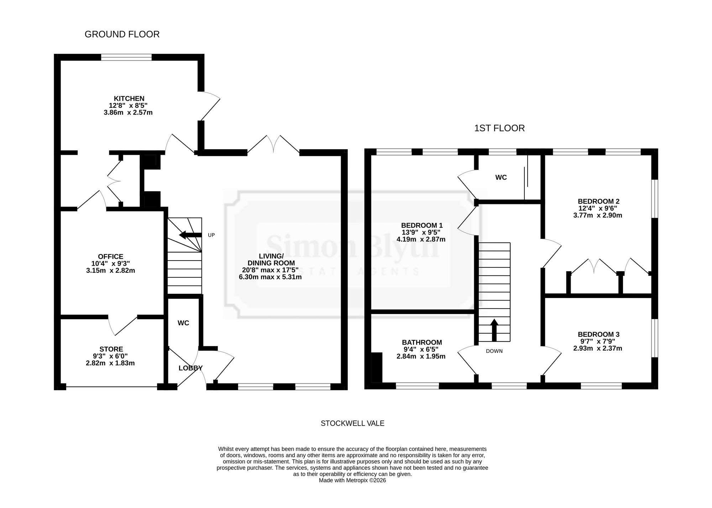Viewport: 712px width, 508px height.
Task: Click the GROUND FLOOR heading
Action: pos(122,34)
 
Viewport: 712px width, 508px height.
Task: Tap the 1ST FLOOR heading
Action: pos(499,128)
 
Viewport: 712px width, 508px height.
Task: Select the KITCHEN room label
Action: pos(129,99)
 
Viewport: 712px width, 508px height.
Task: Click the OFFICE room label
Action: pos(111,257)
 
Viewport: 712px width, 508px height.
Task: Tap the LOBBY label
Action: pos(190,368)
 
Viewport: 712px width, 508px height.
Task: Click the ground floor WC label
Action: pos(183,323)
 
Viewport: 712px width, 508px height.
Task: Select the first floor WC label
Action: pos(501,178)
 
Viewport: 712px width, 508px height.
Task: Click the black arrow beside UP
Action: pos(190,235)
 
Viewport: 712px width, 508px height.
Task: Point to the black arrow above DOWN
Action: pos(494,330)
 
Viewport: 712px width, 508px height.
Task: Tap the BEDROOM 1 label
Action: pos(422,225)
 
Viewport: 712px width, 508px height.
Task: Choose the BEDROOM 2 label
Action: pos(598,201)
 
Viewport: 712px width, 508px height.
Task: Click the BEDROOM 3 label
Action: pos(598,335)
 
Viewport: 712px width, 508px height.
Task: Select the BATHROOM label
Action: pos(422,343)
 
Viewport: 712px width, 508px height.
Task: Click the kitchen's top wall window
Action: pos(126,57)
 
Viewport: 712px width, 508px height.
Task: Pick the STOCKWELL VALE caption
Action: pos(352,424)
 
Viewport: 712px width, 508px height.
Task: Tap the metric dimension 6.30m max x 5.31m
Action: pos(270,277)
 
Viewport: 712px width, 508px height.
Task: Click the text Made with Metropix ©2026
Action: pos(352,481)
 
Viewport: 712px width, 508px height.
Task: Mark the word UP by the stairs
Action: pos(211,235)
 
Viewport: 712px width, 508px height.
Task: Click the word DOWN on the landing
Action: pos(494,351)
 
